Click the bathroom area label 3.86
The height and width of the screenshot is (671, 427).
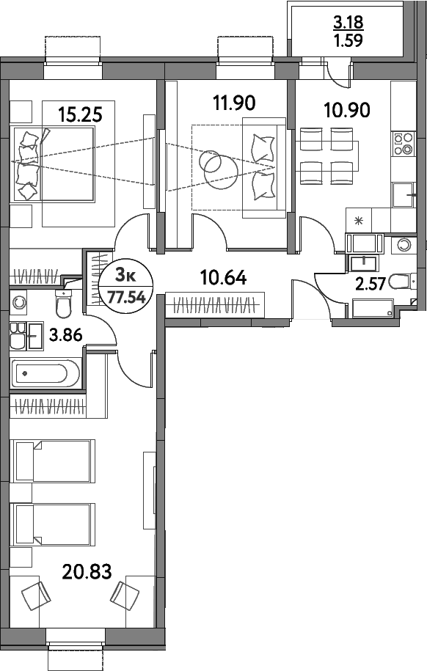point(64,337)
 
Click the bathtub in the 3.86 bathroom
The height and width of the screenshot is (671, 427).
point(45,373)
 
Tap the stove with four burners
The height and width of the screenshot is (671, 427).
point(403,144)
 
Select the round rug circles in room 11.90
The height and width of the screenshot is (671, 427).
point(215,166)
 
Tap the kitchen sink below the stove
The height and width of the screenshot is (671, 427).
point(403,196)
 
